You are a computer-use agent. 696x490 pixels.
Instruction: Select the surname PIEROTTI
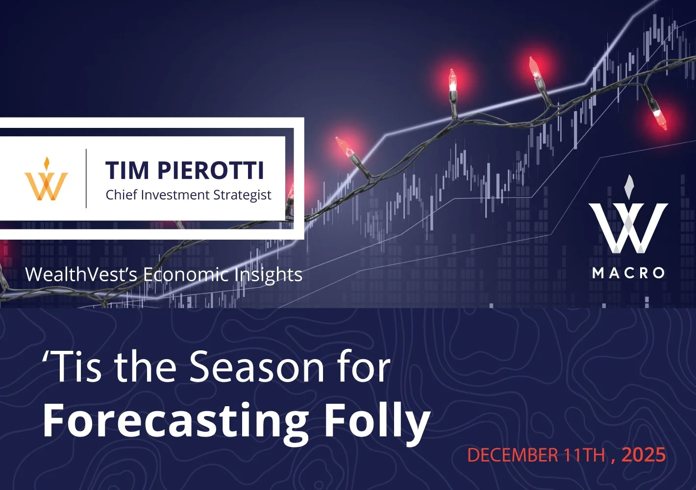[x=211, y=171]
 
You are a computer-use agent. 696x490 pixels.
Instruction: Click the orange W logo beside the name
[x=47, y=180]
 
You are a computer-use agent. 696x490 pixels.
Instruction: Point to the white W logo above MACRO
[x=628, y=220]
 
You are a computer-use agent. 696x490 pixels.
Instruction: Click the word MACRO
[x=628, y=273]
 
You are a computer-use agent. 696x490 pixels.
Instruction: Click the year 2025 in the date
[x=644, y=455]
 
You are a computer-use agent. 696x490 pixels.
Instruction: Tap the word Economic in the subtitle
[x=186, y=274]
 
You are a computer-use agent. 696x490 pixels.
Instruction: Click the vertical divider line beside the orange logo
[x=86, y=178]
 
